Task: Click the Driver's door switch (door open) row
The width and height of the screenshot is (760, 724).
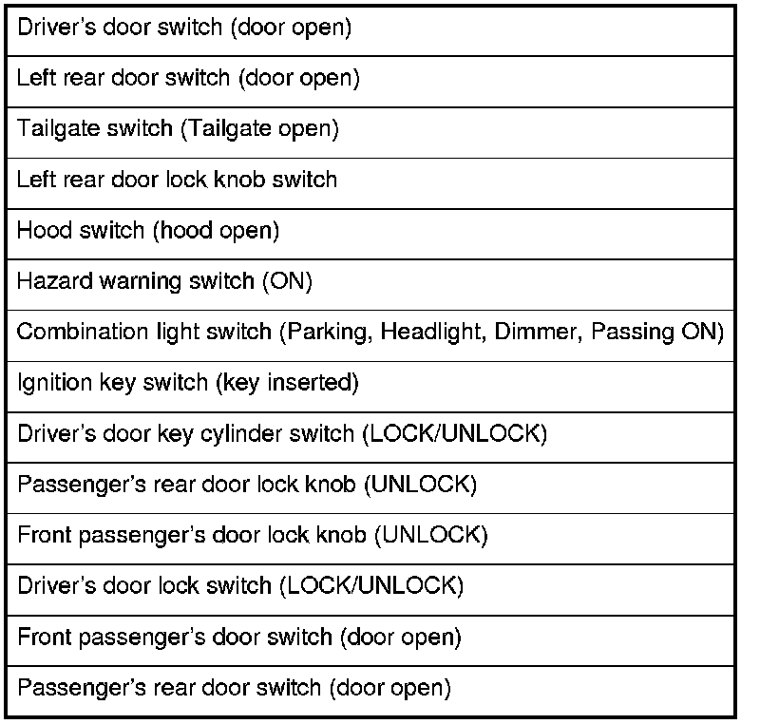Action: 184,29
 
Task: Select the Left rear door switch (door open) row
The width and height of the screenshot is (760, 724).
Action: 188,79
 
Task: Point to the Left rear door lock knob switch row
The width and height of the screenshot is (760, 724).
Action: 177,181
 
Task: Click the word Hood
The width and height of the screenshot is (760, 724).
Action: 40,231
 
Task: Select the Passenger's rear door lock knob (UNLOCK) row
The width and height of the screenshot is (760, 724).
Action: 247,486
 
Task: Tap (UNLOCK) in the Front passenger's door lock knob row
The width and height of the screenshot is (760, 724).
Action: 432,536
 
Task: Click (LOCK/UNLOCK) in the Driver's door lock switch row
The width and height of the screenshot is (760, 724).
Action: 371,586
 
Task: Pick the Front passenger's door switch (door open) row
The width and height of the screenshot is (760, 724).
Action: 239,638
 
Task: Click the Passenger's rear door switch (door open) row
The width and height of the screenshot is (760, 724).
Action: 234,688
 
